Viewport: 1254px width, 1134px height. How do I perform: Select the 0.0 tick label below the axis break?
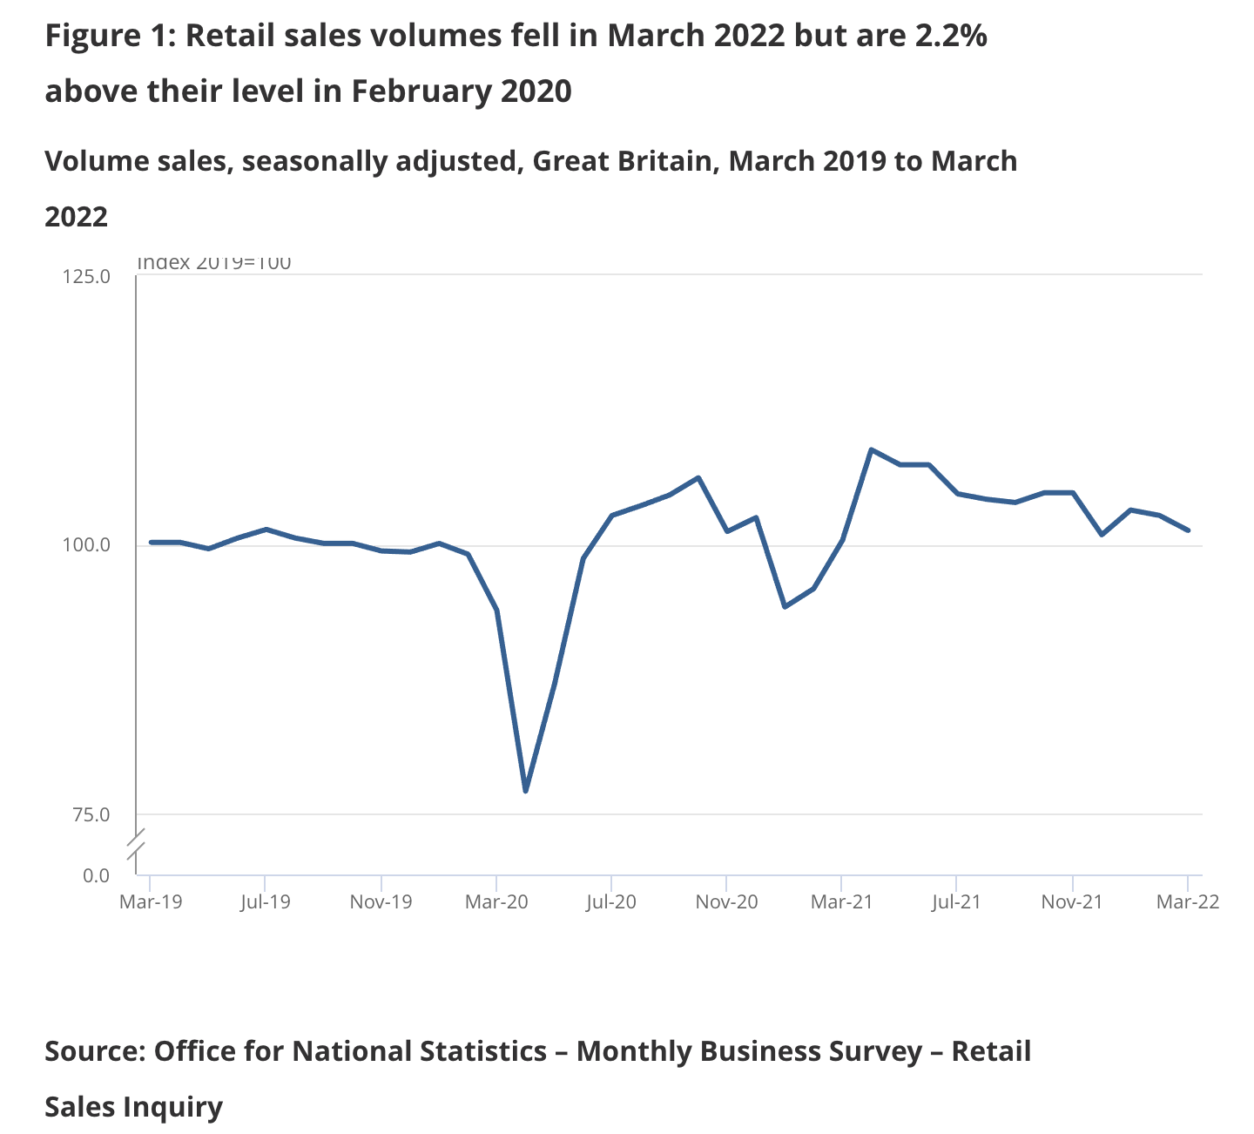point(96,875)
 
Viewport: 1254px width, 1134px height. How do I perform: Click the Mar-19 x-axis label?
point(151,902)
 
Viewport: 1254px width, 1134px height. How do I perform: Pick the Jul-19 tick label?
point(265,902)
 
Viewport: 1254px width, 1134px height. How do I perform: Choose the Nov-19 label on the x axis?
point(381,902)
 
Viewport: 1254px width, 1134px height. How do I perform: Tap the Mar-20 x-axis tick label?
point(496,902)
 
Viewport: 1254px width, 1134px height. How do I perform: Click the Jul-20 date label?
point(611,902)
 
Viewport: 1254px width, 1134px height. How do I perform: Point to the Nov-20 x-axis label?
point(726,902)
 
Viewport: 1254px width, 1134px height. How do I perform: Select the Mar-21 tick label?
point(841,902)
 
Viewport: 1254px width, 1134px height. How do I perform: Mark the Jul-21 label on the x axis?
point(956,902)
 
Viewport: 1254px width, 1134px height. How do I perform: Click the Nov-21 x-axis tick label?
point(1072,902)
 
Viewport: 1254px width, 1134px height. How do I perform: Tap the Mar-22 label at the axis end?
point(1188,902)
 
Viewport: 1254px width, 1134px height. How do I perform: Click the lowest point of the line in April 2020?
point(526,791)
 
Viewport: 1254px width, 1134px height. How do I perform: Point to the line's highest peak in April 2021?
point(872,449)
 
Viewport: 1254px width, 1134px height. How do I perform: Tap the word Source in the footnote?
point(94,1051)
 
